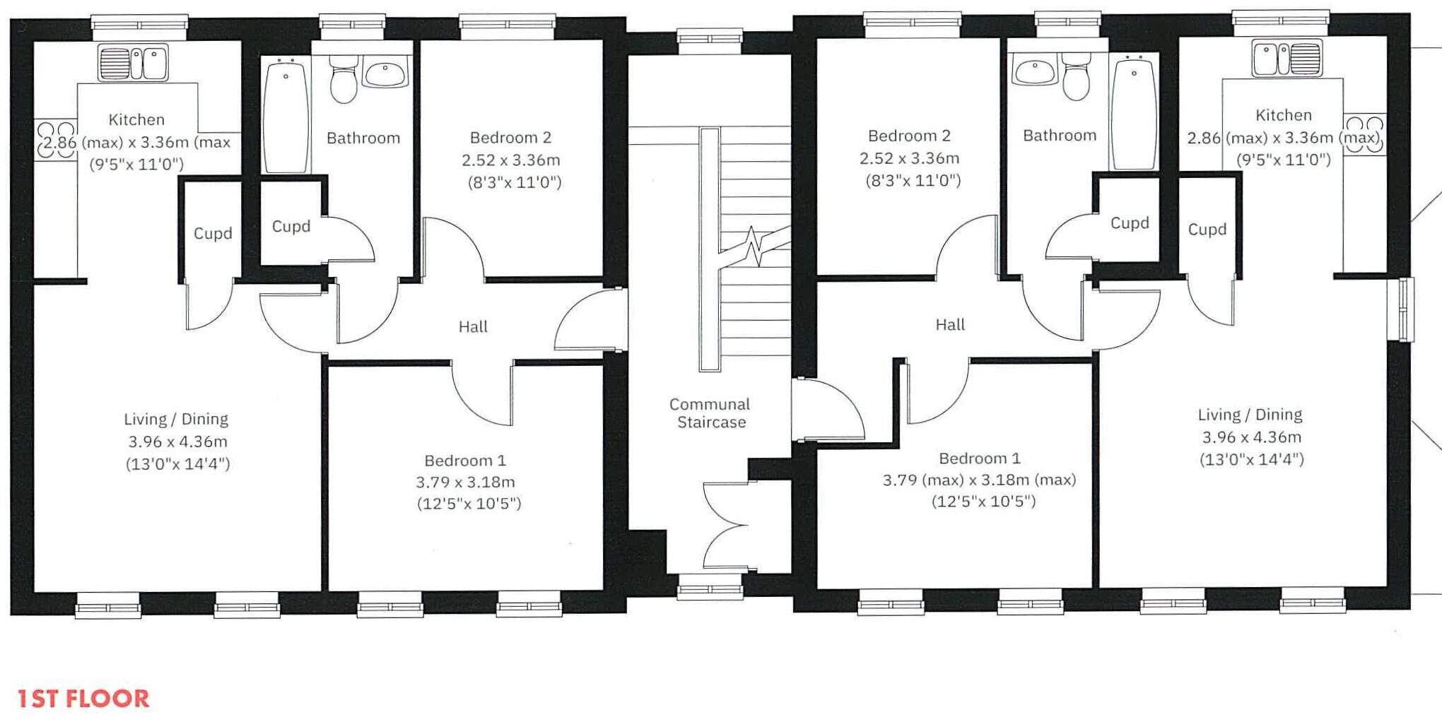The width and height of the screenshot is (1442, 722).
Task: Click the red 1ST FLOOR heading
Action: (83, 699)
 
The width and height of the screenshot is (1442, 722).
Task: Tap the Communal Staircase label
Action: (710, 413)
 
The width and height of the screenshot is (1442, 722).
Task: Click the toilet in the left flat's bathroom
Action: (344, 80)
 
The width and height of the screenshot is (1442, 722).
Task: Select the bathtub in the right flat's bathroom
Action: (1134, 112)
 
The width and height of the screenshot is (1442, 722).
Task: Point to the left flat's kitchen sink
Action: (134, 63)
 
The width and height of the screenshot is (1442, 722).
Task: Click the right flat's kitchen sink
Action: (1286, 58)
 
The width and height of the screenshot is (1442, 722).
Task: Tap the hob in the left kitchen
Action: (56, 139)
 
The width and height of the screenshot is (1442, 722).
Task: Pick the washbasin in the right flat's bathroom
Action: (1035, 71)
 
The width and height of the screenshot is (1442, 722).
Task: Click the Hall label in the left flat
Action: (473, 326)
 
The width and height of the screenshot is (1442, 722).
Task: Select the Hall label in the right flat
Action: (950, 324)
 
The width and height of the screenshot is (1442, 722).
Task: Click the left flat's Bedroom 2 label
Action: (510, 137)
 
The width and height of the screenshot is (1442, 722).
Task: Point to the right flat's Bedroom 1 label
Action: (980, 458)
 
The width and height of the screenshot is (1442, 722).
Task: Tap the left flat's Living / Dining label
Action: (176, 419)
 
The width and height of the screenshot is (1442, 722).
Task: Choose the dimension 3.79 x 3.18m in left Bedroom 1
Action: (465, 482)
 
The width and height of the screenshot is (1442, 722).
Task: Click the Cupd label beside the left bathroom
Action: (291, 226)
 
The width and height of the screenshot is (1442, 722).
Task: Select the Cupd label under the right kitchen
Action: (1207, 229)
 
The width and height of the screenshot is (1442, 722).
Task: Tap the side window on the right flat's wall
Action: (1405, 309)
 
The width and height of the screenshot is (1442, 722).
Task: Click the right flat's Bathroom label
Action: (1060, 135)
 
